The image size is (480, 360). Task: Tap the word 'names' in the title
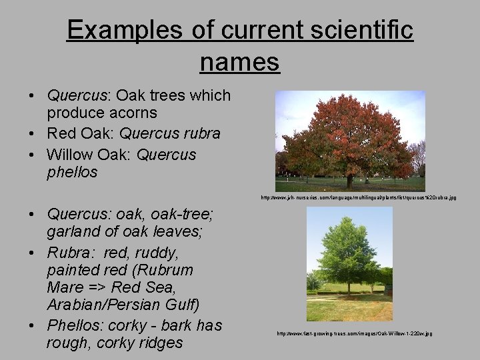(x=239, y=62)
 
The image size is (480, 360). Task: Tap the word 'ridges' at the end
(x=160, y=343)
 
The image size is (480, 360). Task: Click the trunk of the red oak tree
(x=349, y=181)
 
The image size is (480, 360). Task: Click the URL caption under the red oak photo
(x=359, y=198)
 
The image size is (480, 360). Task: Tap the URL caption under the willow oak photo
(x=355, y=333)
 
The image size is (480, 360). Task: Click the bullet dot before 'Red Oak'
(x=32, y=134)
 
